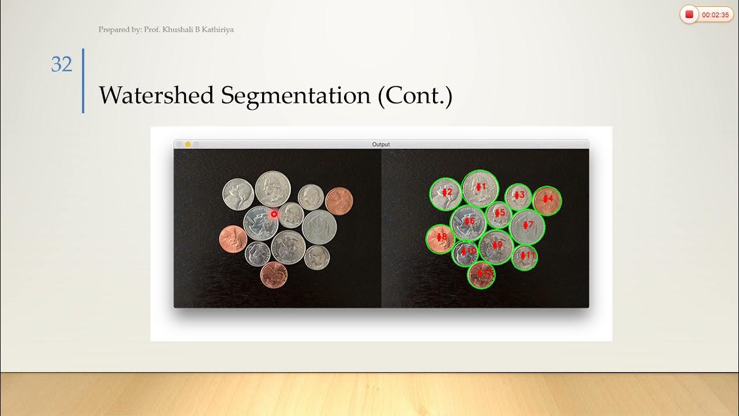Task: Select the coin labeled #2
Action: (x=446, y=192)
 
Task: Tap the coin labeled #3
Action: (x=518, y=195)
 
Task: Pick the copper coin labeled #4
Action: (x=547, y=200)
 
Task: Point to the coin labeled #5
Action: (x=499, y=214)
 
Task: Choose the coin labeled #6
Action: (x=468, y=222)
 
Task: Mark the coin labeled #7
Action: (x=527, y=225)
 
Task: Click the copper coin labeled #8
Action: (x=441, y=237)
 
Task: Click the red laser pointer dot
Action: (x=274, y=214)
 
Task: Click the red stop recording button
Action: (x=689, y=15)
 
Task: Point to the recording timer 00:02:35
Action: (x=715, y=15)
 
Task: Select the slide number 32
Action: (x=62, y=64)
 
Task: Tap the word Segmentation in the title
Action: (x=296, y=95)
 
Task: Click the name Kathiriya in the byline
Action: (x=215, y=29)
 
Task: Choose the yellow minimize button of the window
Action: (x=188, y=144)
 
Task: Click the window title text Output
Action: (x=380, y=144)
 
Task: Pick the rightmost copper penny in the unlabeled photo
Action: (x=339, y=200)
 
